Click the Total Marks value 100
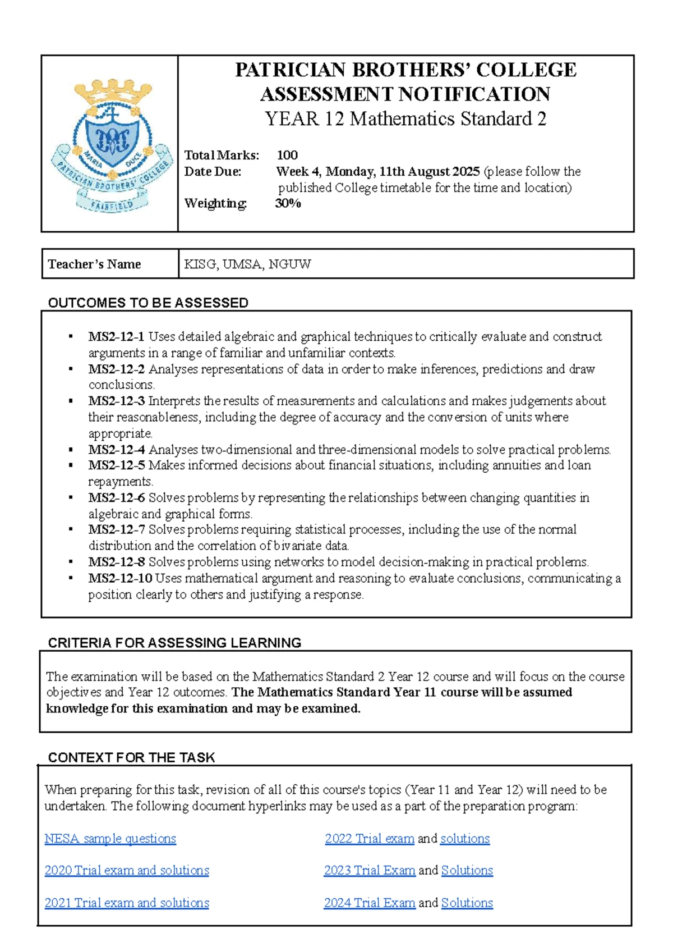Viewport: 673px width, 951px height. coord(287,155)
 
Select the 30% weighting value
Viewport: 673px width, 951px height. coord(288,203)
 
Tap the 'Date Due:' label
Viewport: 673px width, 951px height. coord(213,171)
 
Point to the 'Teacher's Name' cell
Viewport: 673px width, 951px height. coord(94,264)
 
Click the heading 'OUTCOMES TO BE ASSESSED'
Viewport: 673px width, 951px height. coord(148,303)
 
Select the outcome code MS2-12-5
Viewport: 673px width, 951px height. coord(116,465)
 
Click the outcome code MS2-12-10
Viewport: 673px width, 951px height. coord(119,578)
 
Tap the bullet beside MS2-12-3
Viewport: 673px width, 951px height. coord(71,401)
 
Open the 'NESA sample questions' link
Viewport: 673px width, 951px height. coord(110,838)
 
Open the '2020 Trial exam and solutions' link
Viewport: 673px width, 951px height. coord(127,870)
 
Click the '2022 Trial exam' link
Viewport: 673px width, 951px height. coord(370,838)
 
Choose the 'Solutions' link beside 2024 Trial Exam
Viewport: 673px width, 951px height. coord(467,903)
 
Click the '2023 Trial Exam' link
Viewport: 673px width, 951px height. coord(370,870)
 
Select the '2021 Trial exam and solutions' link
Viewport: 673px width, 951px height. coord(127,903)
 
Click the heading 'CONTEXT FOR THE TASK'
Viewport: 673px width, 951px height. coord(131,757)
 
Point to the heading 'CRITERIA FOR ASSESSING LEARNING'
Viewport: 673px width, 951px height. coord(174,643)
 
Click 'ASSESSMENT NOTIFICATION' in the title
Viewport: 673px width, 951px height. coord(405,94)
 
